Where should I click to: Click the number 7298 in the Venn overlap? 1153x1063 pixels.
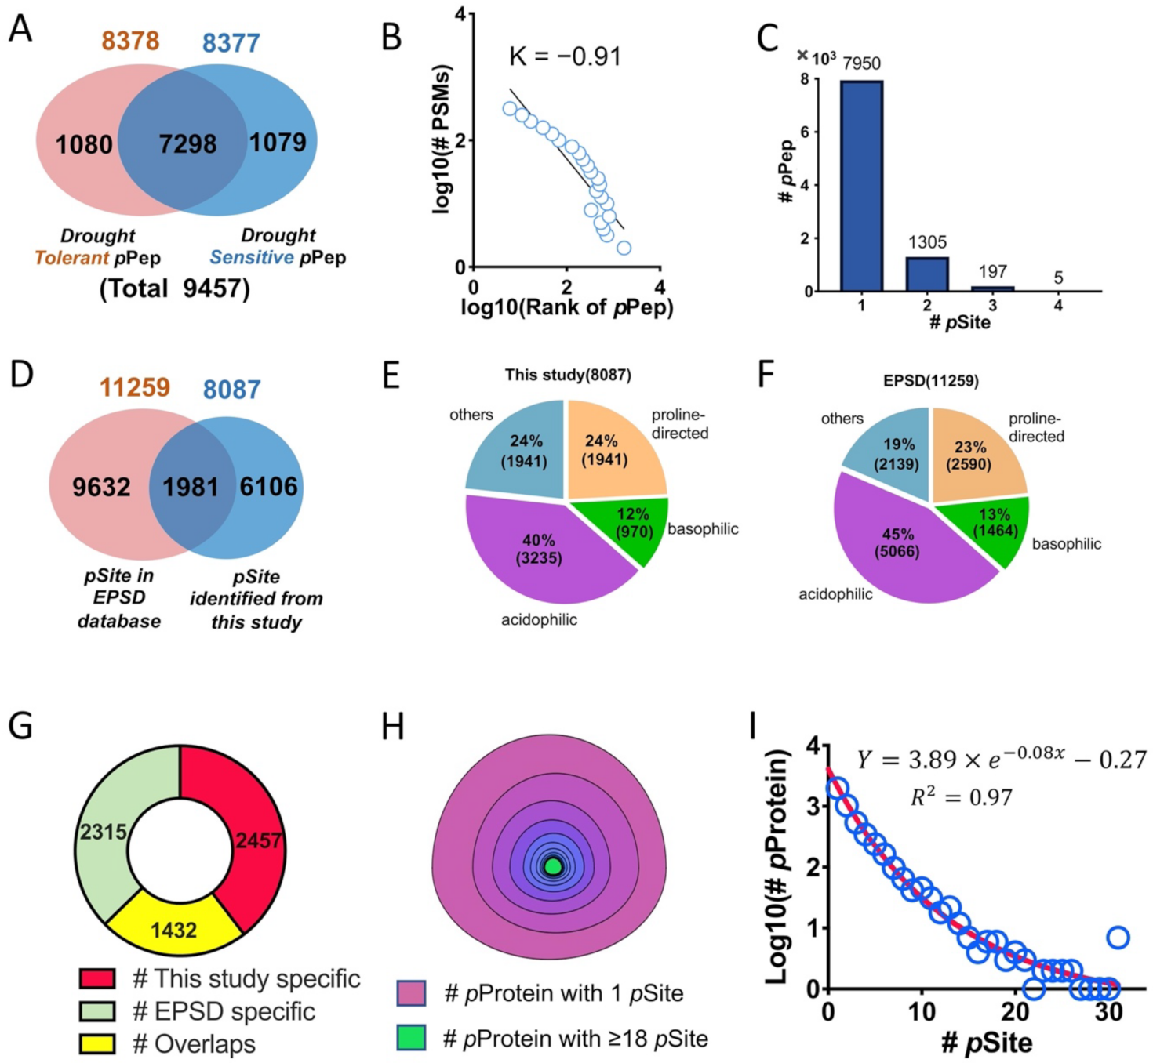(x=187, y=143)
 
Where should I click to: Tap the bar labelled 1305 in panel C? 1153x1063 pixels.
(x=927, y=274)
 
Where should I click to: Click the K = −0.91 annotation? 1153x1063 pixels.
(x=565, y=56)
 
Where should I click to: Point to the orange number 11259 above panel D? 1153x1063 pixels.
(x=135, y=387)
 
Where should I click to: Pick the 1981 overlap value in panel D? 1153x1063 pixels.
(x=191, y=487)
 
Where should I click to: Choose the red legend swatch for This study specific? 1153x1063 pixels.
(x=97, y=978)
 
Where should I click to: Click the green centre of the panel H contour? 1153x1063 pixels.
(x=553, y=866)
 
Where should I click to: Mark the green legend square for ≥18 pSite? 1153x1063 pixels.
(x=412, y=1038)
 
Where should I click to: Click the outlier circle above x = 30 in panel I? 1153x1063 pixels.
(x=1118, y=937)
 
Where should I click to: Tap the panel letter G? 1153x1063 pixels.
(x=20, y=726)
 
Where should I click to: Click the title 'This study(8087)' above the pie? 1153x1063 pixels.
(x=568, y=375)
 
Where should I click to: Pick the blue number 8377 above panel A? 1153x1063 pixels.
(x=231, y=42)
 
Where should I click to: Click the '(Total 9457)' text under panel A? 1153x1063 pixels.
(x=174, y=288)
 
